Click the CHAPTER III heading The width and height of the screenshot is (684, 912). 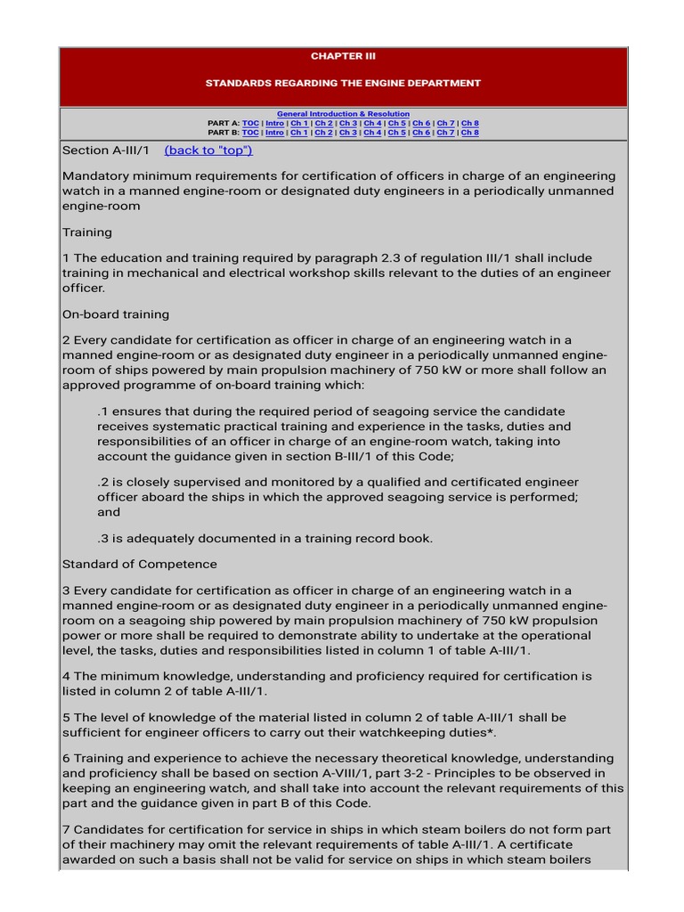coord(343,56)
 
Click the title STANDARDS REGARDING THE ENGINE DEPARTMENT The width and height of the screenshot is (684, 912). coord(343,83)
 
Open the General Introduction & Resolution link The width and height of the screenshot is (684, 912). coord(343,114)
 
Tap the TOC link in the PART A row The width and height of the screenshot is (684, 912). coord(250,124)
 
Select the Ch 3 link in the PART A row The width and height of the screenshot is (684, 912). coord(348,124)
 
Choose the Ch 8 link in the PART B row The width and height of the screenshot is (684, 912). coord(469,133)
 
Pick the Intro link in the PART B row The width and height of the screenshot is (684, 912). coord(274,133)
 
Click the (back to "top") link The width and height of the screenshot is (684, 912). coord(208,151)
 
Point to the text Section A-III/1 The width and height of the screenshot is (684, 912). coord(106,151)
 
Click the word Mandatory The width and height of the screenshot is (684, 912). coord(96,176)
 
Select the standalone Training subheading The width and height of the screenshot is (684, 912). coord(87,232)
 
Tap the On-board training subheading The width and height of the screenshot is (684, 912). coord(116,314)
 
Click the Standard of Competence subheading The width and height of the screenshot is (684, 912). coord(140,565)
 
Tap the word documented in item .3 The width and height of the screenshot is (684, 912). coord(232,538)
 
